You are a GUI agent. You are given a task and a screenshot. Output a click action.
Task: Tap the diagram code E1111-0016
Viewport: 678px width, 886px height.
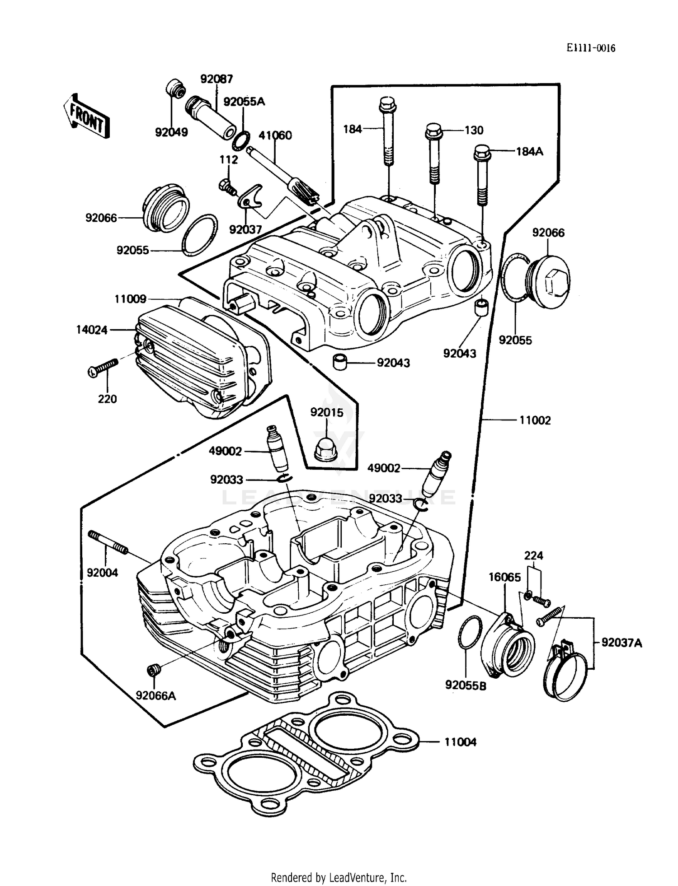click(x=591, y=48)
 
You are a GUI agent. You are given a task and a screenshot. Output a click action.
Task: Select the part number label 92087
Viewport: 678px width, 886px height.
click(x=217, y=79)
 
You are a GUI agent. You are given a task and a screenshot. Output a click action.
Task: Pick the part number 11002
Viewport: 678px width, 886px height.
click(x=535, y=420)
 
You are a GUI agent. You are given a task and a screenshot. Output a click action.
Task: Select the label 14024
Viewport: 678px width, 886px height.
click(x=92, y=330)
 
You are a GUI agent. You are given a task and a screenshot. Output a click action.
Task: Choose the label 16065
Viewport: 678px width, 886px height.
click(x=504, y=577)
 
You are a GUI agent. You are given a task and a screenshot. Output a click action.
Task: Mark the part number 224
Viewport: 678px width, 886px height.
click(x=533, y=555)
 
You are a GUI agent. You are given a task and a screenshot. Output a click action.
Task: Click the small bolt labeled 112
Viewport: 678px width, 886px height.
click(x=226, y=185)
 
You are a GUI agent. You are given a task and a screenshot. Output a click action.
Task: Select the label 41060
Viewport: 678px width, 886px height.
click(x=275, y=135)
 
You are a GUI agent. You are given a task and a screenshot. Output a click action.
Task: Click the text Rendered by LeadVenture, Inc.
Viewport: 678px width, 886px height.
click(x=339, y=877)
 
